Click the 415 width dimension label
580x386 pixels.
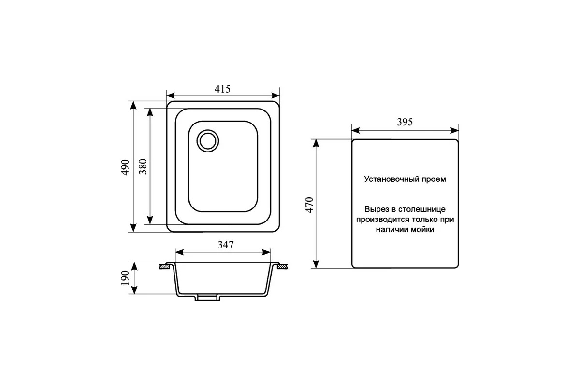tap(222, 89)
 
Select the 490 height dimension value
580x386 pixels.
tap(125, 167)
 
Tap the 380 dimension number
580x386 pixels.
tap(143, 166)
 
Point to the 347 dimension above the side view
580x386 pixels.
tap(226, 245)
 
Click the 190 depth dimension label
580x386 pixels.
tap(125, 277)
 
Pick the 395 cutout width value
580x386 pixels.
tap(405, 122)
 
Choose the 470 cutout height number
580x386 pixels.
tap(310, 205)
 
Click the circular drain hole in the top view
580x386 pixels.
tap(208, 141)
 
